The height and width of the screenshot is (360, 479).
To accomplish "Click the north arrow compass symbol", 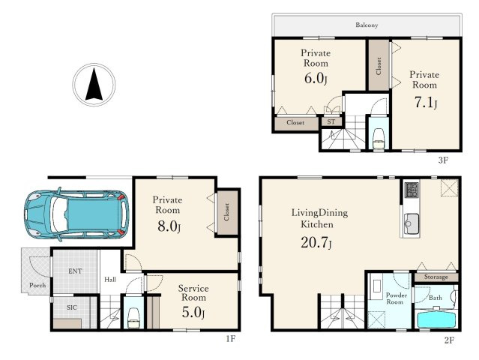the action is pyautogui.click(x=94, y=84).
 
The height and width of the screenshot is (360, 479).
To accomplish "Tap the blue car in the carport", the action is pyautogui.click(x=76, y=214).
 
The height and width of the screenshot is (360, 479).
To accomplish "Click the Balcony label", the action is pyautogui.click(x=367, y=25).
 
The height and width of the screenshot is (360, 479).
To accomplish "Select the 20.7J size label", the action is pyautogui.click(x=316, y=243).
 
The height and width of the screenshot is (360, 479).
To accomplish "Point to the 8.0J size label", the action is pyautogui.click(x=169, y=226).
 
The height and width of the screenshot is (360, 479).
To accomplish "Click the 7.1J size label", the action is pyautogui.click(x=426, y=103).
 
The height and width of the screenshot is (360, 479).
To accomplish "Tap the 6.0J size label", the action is pyautogui.click(x=316, y=79).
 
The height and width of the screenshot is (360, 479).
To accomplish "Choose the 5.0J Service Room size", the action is pyautogui.click(x=193, y=312).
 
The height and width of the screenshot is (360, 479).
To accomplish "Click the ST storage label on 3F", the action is pyautogui.click(x=331, y=121).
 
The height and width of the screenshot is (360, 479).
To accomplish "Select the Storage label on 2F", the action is pyautogui.click(x=436, y=277).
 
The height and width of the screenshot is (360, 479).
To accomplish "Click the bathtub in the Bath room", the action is pyautogui.click(x=436, y=319).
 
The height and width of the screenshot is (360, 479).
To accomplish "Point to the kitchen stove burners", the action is pyautogui.click(x=412, y=190).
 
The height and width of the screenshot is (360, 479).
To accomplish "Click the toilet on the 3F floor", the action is pyautogui.click(x=379, y=139).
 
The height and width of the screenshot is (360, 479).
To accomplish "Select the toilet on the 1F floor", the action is pyautogui.click(x=133, y=318).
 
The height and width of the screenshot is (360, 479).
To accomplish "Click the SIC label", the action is pyautogui.click(x=72, y=307).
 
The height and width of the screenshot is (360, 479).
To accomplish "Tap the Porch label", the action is pyautogui.click(x=37, y=286).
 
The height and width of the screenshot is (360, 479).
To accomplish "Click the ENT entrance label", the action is pyautogui.click(x=75, y=271).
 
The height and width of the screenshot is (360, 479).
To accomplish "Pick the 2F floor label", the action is pyautogui.click(x=449, y=340).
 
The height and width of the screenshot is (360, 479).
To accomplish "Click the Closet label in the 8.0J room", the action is pyautogui.click(x=226, y=212).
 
